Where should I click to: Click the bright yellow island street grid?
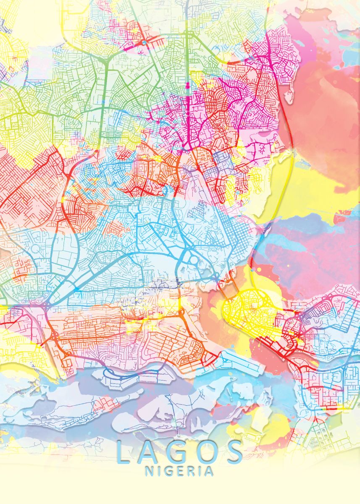[248, 311]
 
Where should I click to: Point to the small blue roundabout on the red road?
[144, 42]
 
